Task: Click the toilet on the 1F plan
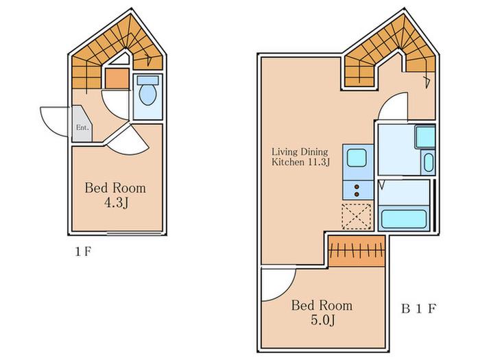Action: click(x=148, y=91)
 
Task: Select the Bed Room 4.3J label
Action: click(x=115, y=195)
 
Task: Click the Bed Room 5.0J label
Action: click(x=322, y=313)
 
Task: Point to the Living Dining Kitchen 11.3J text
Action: click(x=300, y=157)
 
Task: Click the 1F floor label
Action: click(x=83, y=252)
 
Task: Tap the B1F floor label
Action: click(x=418, y=309)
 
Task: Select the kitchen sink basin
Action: click(x=357, y=158)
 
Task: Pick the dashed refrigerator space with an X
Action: click(x=357, y=217)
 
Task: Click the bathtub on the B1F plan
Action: click(x=404, y=218)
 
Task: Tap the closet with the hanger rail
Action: click(x=357, y=250)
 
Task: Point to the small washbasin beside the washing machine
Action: click(x=429, y=163)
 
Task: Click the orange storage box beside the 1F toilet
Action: click(x=117, y=78)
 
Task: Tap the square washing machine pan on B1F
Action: click(x=425, y=136)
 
